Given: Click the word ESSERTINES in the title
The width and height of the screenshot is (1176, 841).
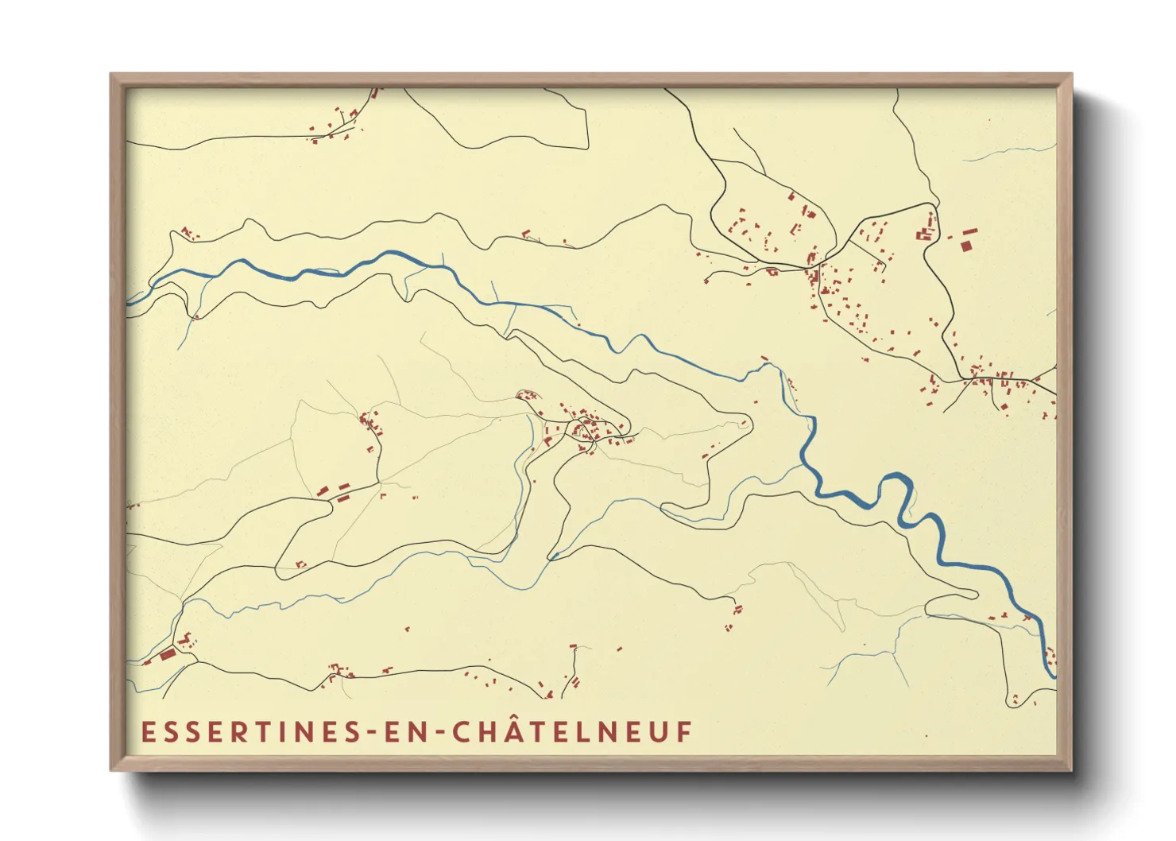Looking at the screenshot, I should tap(250, 732).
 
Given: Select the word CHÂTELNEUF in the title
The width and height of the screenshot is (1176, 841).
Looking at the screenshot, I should tap(572, 731).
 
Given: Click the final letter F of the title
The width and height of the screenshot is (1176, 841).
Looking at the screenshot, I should tap(684, 732).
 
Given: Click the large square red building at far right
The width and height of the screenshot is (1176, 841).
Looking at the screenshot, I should tap(965, 246).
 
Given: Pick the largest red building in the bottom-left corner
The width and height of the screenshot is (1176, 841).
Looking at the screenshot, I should tap(168, 654).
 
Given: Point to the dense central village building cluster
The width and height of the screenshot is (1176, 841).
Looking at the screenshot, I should tap(586, 430).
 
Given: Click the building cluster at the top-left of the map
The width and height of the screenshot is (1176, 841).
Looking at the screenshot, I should tap(338, 127).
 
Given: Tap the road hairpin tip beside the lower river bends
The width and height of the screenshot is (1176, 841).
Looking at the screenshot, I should tap(974, 593).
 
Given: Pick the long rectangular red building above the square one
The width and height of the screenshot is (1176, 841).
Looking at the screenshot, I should tap(969, 232).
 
